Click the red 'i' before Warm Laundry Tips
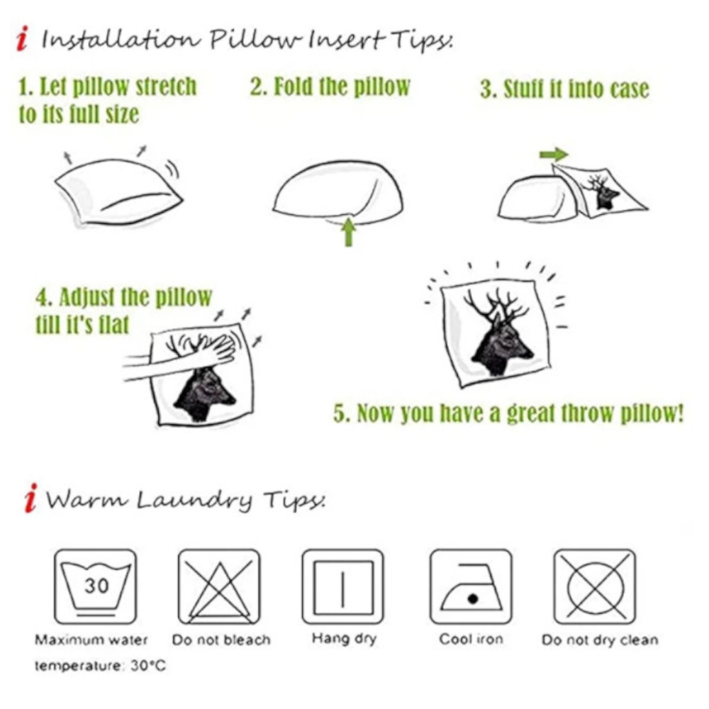[x=30, y=498]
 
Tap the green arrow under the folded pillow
[x=348, y=232]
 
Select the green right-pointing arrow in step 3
[x=554, y=155]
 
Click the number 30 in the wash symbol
[x=96, y=586]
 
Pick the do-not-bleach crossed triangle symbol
[x=219, y=587]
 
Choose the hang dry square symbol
[x=342, y=587]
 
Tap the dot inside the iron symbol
[x=473, y=599]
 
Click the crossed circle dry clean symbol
[x=595, y=587]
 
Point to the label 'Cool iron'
[x=471, y=640]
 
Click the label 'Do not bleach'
[x=221, y=640]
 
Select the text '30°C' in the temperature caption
[x=148, y=666]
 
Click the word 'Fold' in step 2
[x=294, y=86]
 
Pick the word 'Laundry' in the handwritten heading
[x=194, y=500]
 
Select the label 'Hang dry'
[x=344, y=639]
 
